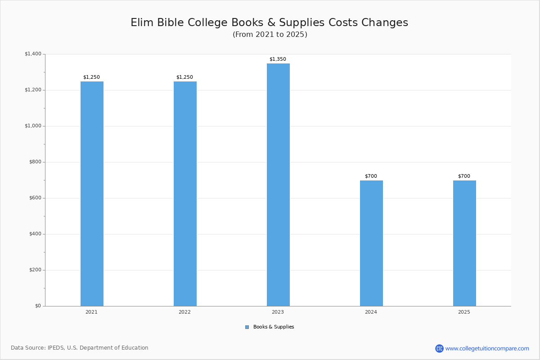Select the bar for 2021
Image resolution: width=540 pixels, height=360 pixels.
click(92, 194)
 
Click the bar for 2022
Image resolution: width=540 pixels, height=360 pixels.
click(185, 194)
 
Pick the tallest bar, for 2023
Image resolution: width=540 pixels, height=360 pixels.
click(278, 185)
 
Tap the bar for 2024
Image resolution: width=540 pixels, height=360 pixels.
click(371, 243)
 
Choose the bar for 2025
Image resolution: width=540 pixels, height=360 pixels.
click(464, 243)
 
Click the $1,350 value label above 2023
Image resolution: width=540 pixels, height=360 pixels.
click(278, 59)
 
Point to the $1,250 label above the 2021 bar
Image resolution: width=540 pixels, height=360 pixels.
click(91, 77)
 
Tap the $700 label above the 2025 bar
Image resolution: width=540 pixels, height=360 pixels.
click(464, 176)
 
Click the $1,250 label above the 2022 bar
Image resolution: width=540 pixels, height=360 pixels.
click(184, 77)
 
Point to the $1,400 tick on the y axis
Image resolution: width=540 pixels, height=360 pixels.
click(33, 54)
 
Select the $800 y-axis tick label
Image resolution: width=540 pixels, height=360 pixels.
click(35, 162)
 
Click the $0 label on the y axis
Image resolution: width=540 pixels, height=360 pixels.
click(38, 306)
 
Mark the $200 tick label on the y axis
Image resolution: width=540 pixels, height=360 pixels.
click(35, 270)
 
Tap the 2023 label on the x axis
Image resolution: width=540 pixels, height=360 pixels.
click(278, 312)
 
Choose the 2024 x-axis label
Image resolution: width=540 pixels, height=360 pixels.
click(371, 312)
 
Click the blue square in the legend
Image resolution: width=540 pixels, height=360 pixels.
click(247, 327)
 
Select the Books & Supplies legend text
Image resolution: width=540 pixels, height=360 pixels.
click(274, 327)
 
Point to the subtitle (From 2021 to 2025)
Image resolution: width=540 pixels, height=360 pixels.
click(270, 35)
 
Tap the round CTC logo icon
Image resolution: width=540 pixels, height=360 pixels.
click(439, 348)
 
